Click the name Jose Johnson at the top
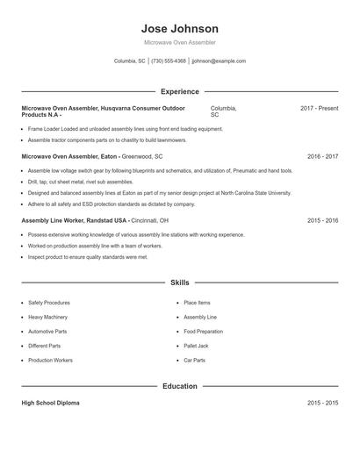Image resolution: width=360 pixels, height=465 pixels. click(179, 29)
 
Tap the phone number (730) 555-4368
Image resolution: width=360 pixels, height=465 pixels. click(169, 61)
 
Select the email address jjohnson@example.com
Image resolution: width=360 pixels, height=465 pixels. click(219, 61)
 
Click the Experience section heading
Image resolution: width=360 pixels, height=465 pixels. click(179, 91)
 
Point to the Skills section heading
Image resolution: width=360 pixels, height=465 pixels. click(179, 283)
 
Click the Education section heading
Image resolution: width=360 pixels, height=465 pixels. click(179, 385)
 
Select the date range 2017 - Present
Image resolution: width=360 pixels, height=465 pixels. click(319, 108)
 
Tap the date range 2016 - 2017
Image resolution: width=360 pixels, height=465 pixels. click(322, 155)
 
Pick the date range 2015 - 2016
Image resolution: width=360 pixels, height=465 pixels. click(322, 220)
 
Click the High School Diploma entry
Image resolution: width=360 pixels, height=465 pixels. click(50, 403)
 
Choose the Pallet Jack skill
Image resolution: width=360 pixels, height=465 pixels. click(195, 346)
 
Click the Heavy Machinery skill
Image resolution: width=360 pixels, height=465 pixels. click(46, 317)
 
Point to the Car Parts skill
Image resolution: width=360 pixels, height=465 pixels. click(194, 361)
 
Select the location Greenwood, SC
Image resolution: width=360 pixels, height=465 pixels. click(142, 155)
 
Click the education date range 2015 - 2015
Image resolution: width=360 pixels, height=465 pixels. click(322, 403)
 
